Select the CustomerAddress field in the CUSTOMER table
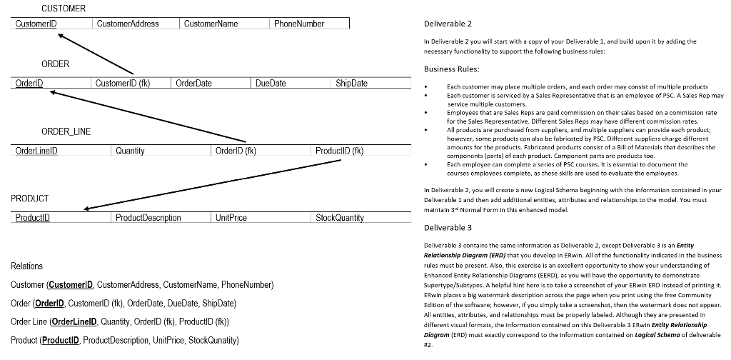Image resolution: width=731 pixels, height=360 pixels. pos(128,24)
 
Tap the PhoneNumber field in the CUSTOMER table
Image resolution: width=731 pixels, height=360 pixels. pos(299,24)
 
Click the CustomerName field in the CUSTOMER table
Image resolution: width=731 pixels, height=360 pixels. pos(211,24)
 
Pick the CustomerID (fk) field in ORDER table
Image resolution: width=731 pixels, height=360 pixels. pos(122,84)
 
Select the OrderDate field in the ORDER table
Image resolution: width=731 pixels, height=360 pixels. pos(194,84)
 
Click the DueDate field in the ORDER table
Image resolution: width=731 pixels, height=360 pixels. pos(271,84)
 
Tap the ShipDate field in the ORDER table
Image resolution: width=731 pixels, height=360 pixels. pos(351,84)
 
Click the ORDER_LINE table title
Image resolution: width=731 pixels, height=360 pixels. pos(66,131)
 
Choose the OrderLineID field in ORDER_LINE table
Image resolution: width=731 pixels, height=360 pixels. pos(36,151)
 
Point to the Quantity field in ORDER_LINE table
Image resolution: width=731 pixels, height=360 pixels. pos(130,151)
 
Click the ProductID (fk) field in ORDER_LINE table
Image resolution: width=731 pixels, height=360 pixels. pos(340,151)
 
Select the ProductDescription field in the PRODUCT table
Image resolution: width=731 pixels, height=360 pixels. pos(148,217)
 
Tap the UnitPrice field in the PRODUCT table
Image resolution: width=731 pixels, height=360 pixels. pos(231,217)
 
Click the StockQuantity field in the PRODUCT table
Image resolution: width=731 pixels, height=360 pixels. pos(340,217)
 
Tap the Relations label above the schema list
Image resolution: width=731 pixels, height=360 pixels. pos(27,266)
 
